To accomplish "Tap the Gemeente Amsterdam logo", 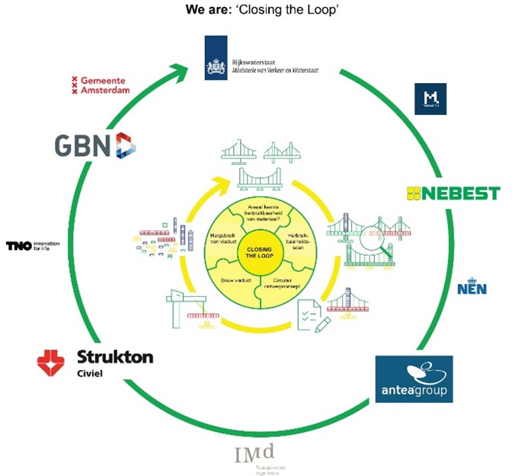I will click(99, 85).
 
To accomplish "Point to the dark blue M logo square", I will click(430, 99).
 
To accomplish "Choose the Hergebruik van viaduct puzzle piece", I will click(225, 244).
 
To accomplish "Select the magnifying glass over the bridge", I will click(370, 229).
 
